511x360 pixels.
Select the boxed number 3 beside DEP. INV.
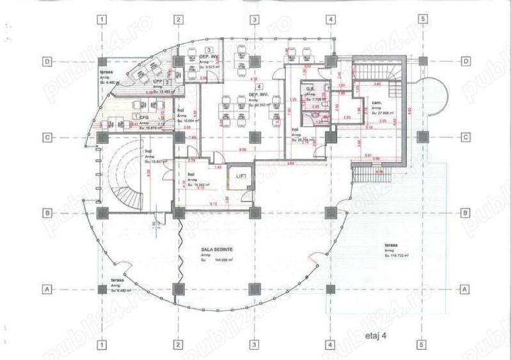pyautogui.click(x=208, y=50)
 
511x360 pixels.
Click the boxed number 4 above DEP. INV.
pyautogui.click(x=258, y=86)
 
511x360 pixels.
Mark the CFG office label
pyautogui.click(x=145, y=116)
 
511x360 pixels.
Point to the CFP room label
pyautogui.click(x=157, y=82)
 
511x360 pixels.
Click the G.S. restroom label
pyautogui.click(x=308, y=89)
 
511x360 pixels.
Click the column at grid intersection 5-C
pyautogui.click(x=421, y=137)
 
